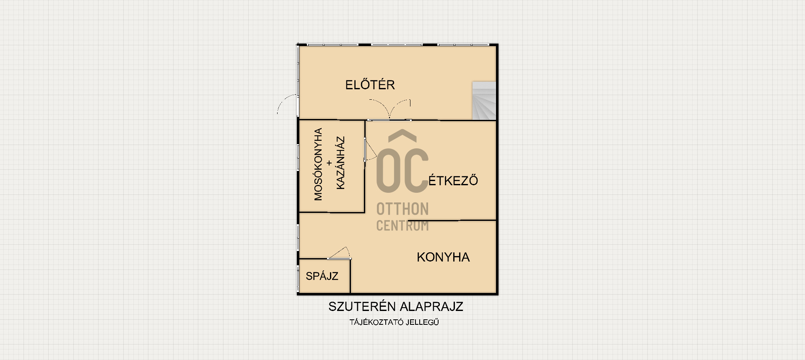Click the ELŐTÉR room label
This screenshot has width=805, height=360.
tap(370, 84)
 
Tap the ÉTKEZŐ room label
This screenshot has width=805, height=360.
tap(453, 180)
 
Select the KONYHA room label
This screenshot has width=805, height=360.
tap(443, 257)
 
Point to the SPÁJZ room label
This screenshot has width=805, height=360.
tap(322, 276)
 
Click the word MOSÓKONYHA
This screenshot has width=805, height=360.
tap(318, 164)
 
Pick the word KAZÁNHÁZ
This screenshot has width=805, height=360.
tap(340, 163)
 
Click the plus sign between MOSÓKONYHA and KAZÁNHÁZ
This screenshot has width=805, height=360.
tap(329, 163)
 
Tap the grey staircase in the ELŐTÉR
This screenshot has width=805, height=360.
tap(484, 101)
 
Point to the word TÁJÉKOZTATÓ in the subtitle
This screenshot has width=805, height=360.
tap(377, 322)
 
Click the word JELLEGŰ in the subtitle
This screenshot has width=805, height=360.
tap(423, 322)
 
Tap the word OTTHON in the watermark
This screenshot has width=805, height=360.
tap(402, 209)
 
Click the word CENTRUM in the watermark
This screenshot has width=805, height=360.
tap(402, 225)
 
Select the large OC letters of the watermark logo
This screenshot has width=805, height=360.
tap(402, 170)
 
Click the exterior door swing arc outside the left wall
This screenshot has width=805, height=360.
tap(286, 101)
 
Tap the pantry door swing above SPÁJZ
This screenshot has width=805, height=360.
tap(339, 253)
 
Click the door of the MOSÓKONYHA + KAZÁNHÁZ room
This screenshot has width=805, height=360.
tap(369, 150)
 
